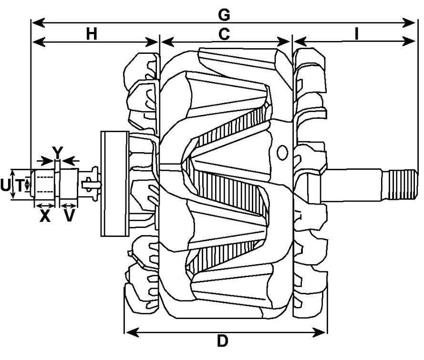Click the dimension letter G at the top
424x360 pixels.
(x=223, y=15)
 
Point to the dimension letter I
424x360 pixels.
(x=356, y=34)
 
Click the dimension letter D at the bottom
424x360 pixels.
(x=222, y=341)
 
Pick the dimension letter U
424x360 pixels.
(x=5, y=185)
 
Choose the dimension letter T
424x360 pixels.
(x=20, y=185)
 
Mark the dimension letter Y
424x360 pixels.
(x=57, y=152)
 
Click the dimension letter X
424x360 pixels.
(x=45, y=216)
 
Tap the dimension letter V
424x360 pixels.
(x=70, y=216)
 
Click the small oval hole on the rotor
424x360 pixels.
(x=282, y=153)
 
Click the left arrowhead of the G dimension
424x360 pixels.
(x=34, y=22)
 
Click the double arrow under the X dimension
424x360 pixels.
(x=45, y=206)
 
